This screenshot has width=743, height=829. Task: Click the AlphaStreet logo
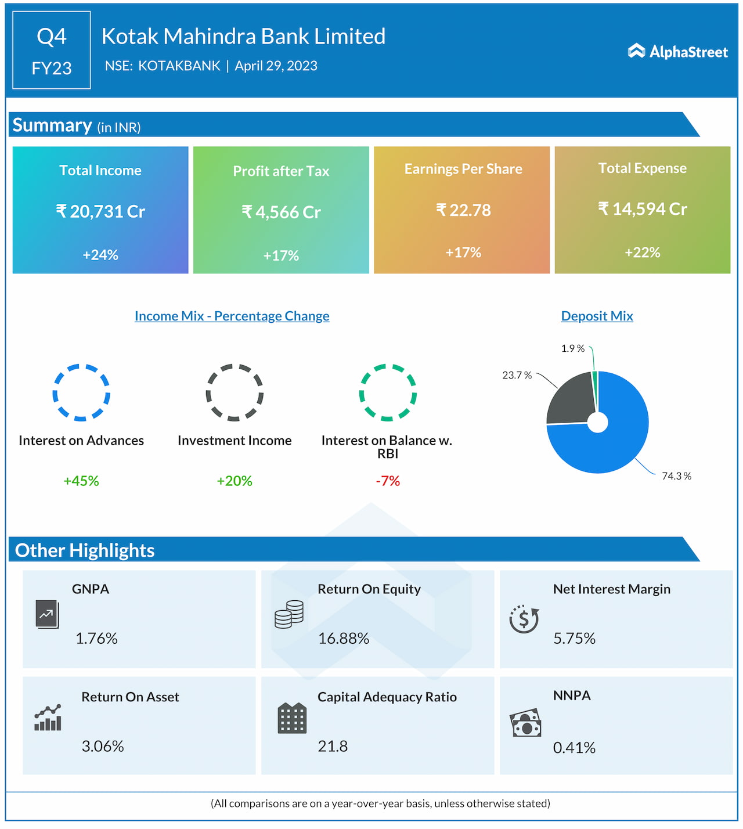[677, 52]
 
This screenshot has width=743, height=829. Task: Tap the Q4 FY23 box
[52, 51]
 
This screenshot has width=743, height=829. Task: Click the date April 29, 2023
[276, 66]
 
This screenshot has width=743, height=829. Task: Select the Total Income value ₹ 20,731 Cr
[100, 211]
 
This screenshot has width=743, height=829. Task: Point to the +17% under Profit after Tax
[281, 255]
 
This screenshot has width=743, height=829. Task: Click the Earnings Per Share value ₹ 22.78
[463, 210]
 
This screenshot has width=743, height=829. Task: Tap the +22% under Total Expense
[642, 253]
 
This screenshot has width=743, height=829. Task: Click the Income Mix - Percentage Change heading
[232, 316]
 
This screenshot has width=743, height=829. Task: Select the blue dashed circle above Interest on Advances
[81, 392]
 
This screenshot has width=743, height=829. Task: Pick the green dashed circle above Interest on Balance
[388, 392]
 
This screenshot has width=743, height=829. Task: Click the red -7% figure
[388, 481]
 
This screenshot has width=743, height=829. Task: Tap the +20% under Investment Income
[235, 481]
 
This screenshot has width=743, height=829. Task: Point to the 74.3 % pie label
[676, 476]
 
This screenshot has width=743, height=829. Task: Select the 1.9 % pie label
[572, 348]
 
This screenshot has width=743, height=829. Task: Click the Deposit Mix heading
[597, 316]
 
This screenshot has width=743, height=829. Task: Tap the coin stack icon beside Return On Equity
[289, 614]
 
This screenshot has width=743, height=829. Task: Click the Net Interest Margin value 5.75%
[574, 639]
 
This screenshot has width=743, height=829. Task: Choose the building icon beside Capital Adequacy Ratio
[292, 718]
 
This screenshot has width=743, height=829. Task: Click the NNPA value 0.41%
[574, 748]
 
